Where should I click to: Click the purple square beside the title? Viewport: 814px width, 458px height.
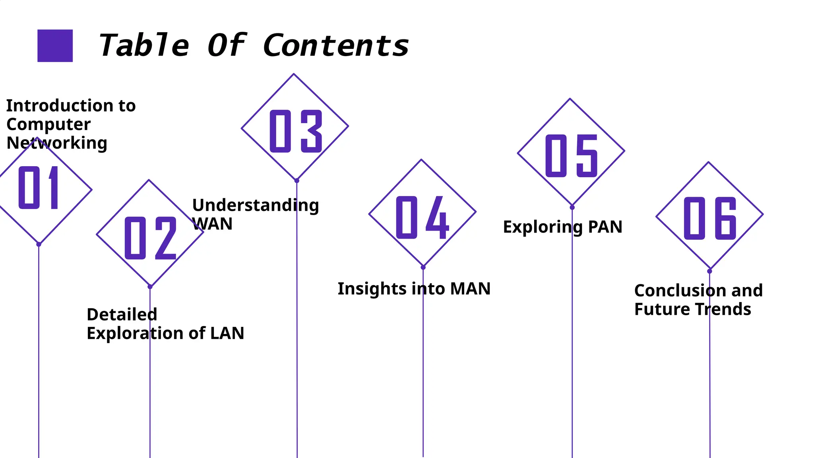pyautogui.click(x=55, y=45)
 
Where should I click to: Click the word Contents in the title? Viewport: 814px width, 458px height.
pyautogui.click(x=336, y=45)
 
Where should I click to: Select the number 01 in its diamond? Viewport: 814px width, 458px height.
pyautogui.click(x=39, y=188)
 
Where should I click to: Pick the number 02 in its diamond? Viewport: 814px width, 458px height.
pyautogui.click(x=150, y=238)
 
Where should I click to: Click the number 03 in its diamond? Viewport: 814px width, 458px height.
pyautogui.click(x=296, y=131)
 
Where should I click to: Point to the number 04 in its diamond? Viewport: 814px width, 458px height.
pyautogui.click(x=423, y=217)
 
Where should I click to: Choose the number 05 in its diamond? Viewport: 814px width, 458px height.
pyautogui.click(x=572, y=155)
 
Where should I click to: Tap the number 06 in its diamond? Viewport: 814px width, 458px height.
pyautogui.click(x=710, y=218)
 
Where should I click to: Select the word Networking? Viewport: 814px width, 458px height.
pyautogui.click(x=57, y=143)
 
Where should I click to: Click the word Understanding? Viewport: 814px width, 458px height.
pyautogui.click(x=256, y=206)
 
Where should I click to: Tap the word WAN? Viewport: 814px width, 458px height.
pyautogui.click(x=212, y=224)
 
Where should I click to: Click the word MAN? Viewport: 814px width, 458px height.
pyautogui.click(x=470, y=289)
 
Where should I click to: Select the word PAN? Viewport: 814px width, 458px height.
pyautogui.click(x=605, y=227)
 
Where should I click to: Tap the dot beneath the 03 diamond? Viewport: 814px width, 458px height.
pyautogui.click(x=297, y=181)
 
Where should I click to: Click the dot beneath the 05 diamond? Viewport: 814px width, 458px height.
pyautogui.click(x=572, y=208)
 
